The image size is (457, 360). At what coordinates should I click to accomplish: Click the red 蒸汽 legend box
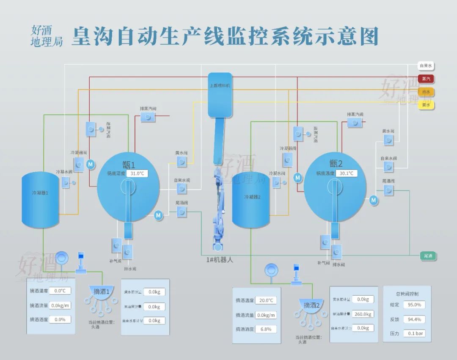pos(426,79)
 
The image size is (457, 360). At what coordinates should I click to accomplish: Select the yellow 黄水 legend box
pos(426,105)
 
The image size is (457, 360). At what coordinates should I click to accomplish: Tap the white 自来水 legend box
pos(426,66)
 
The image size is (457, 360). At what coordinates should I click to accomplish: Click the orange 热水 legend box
pos(426,92)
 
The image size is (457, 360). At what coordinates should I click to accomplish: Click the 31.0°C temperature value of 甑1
pos(138,173)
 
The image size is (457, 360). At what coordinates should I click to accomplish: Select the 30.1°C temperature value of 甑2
pos(345,173)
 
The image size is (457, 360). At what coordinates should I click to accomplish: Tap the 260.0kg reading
pos(363,314)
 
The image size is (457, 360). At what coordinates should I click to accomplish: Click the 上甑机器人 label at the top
pos(220,85)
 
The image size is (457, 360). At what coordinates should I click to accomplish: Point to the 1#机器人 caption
pos(217,260)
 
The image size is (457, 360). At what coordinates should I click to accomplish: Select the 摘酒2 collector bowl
pos(311,305)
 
